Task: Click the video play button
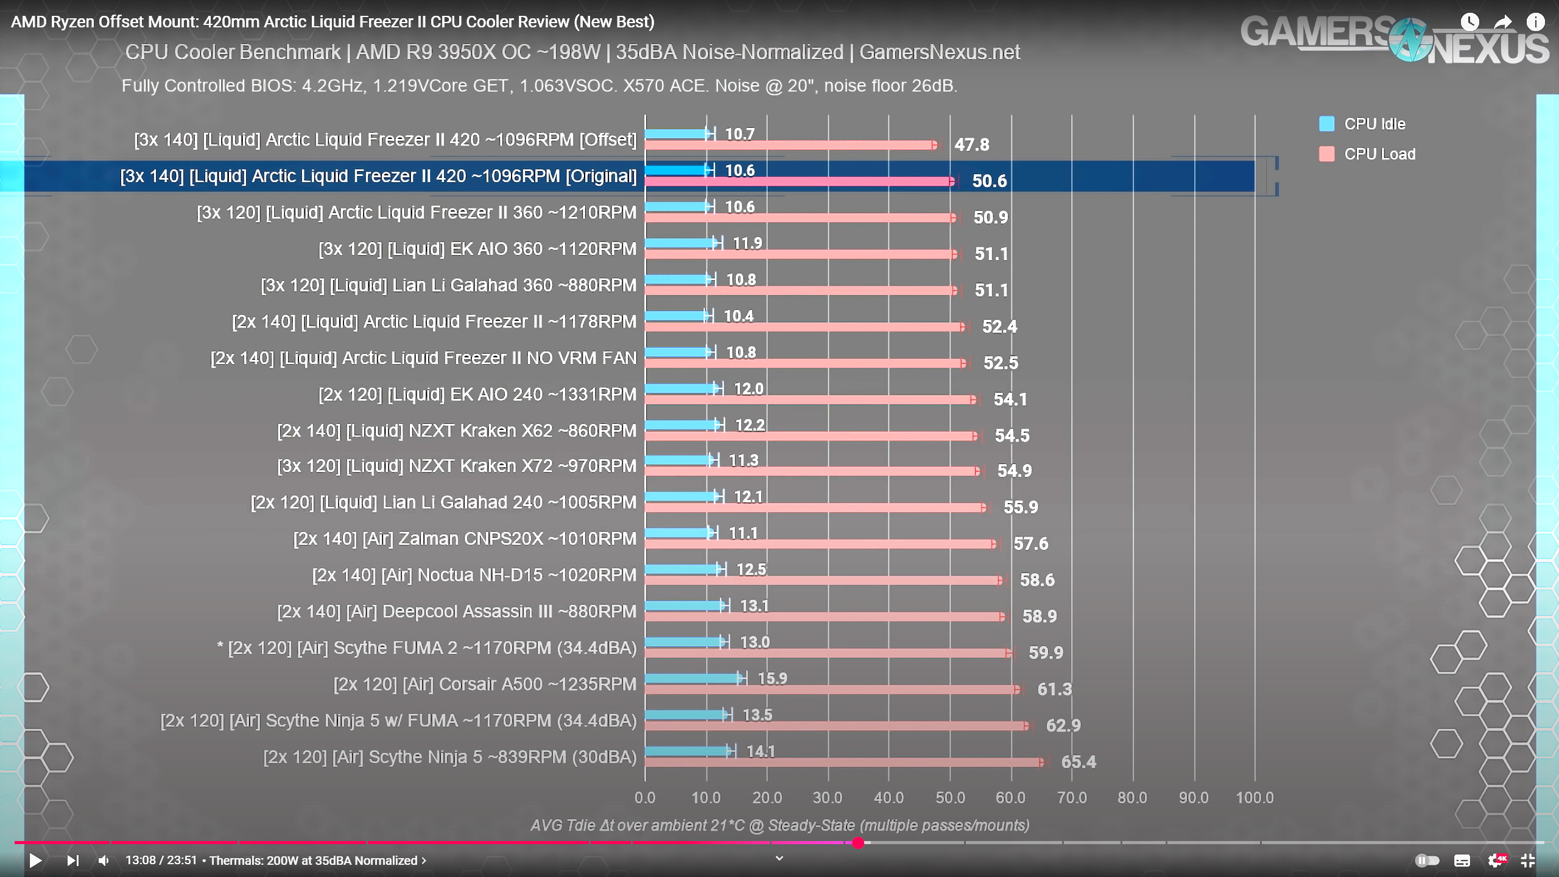click(35, 861)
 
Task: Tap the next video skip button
click(73, 861)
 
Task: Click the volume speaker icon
click(104, 861)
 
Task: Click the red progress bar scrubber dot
click(858, 843)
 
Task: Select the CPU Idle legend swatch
click(1326, 124)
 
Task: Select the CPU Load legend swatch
click(1326, 154)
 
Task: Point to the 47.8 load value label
click(971, 145)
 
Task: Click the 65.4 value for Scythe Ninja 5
click(1078, 762)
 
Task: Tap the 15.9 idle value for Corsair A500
click(772, 678)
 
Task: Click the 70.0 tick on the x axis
click(1072, 798)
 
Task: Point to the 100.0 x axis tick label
click(1255, 798)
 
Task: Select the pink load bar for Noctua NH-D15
click(822, 580)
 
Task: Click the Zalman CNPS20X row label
click(464, 539)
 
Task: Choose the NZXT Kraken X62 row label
click(456, 431)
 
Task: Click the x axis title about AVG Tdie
click(779, 825)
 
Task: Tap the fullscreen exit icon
click(1527, 861)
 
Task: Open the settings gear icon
click(1495, 861)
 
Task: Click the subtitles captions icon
click(1462, 861)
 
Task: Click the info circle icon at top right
click(1535, 22)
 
